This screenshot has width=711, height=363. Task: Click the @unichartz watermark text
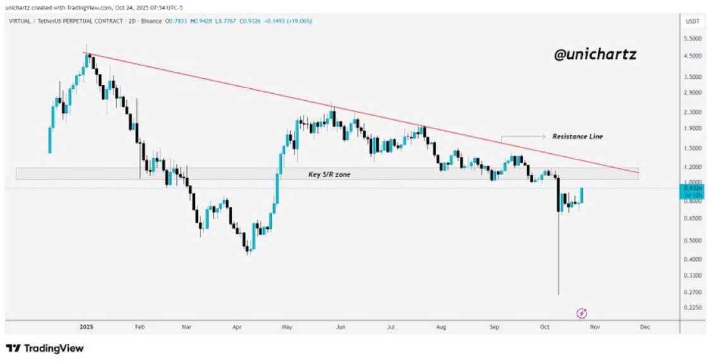tap(595, 55)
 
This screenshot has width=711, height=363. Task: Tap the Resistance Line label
tap(577, 136)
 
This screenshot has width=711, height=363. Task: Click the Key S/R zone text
tap(329, 174)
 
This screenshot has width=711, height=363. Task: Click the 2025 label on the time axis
tap(87, 328)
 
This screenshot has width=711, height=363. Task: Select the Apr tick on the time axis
tap(237, 328)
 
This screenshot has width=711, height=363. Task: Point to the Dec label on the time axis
tap(644, 328)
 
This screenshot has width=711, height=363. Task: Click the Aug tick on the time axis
tap(441, 328)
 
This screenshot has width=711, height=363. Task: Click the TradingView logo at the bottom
tap(45, 349)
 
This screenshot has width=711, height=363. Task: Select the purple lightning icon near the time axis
tap(582, 313)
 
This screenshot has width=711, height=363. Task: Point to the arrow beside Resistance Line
tap(524, 136)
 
